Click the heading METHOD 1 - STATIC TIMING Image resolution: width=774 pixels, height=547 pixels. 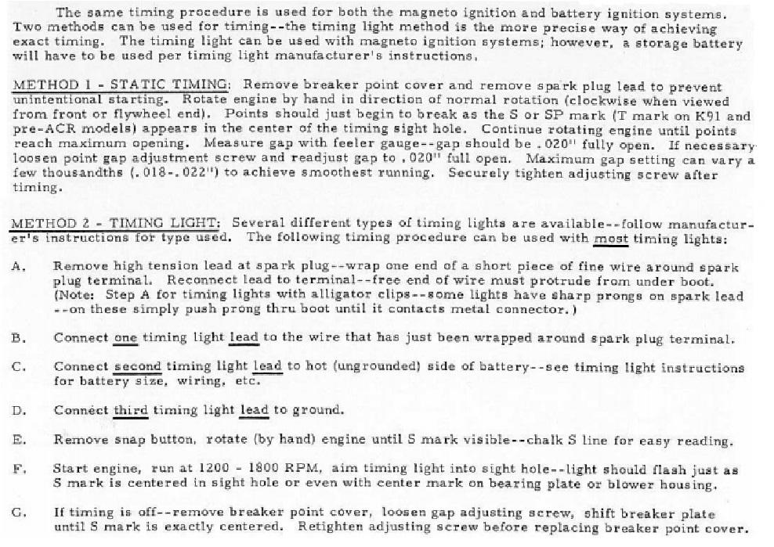[121, 85]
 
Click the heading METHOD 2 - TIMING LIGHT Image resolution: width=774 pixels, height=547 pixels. [118, 224]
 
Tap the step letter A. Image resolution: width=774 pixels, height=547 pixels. [18, 267]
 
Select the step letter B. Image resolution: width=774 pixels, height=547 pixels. [18, 339]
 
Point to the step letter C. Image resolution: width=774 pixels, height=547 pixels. [18, 367]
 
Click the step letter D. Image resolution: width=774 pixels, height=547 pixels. [18, 410]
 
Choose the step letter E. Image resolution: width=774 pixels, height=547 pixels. [18, 440]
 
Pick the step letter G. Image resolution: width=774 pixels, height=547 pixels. [18, 513]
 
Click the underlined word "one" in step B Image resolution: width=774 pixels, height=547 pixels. [125, 339]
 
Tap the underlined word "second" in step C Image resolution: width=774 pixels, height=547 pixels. [137, 367]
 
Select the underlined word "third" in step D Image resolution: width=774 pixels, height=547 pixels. [130, 410]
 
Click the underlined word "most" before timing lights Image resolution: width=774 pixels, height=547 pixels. [611, 238]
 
